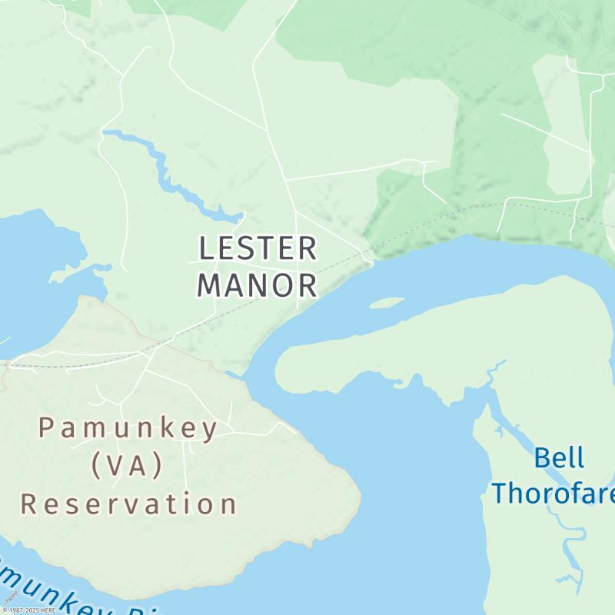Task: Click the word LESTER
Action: tap(258, 249)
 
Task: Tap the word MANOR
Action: tap(258, 285)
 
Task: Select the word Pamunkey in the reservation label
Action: tap(129, 428)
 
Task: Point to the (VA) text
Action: tap(128, 466)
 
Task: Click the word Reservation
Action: tap(129, 504)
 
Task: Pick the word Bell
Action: tap(559, 458)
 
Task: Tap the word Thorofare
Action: tap(553, 492)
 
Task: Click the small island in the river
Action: tap(387, 303)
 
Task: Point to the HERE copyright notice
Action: tap(28, 610)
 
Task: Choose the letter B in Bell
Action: tap(542, 458)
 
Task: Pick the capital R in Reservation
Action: tap(29, 504)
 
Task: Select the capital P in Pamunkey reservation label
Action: tap(48, 428)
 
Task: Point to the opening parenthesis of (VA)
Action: tap(95, 466)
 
